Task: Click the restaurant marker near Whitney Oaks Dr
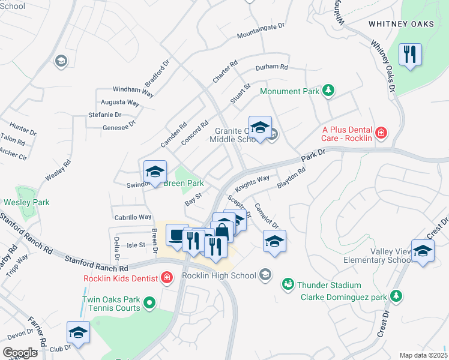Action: coord(411,55)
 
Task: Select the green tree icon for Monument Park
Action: coord(328,91)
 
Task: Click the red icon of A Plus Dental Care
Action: coord(381,132)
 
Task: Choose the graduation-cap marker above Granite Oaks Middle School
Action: coord(260,128)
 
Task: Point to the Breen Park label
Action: coord(184,183)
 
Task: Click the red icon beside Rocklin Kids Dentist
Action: coord(166,277)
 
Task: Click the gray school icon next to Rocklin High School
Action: coord(265,275)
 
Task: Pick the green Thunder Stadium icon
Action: coord(288,284)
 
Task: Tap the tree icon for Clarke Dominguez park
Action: coord(396,295)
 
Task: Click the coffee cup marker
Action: coord(176,235)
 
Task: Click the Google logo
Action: coord(20,353)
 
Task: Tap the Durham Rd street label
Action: coord(271,67)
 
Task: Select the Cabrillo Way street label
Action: coord(133,217)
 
